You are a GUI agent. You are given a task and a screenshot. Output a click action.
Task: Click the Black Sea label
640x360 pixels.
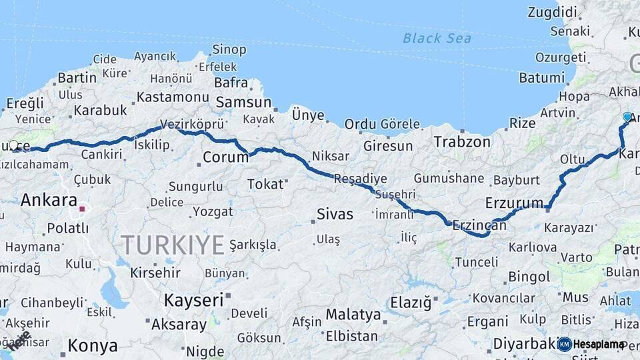tap(437, 38)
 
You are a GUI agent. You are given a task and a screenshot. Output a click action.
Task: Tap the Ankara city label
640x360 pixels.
tap(49, 200)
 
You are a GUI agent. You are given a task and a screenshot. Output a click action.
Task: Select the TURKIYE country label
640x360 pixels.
tap(173, 245)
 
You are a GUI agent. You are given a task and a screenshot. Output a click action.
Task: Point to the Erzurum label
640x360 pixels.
tap(515, 202)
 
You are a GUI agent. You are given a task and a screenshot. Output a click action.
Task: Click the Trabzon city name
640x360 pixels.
tap(462, 141)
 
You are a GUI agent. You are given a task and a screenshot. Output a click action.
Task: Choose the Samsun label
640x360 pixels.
tap(243, 103)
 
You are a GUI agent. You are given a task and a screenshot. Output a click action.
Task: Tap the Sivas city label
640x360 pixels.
tap(335, 214)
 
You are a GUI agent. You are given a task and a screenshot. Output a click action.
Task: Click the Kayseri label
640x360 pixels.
tap(194, 300)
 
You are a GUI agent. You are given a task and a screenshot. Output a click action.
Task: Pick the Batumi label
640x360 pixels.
tap(541, 77)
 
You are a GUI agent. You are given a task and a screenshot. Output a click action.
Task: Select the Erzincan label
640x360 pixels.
tap(479, 225)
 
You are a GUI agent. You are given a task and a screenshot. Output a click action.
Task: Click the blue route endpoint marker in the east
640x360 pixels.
tap(627, 117)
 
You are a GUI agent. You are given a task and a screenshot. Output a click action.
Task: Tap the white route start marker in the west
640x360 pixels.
tap(13, 145)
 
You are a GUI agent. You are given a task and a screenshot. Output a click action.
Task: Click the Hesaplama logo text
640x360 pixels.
tap(599, 344)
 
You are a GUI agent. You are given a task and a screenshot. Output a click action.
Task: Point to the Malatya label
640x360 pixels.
tap(353, 314)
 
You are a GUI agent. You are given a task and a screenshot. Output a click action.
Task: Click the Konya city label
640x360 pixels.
tap(93, 346)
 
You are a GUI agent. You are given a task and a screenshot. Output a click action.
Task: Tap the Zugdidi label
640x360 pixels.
tap(552, 12)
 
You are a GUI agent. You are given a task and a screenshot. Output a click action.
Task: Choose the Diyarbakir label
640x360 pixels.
tap(524, 344)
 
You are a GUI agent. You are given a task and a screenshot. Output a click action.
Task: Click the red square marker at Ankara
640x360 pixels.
tap(82, 209)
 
